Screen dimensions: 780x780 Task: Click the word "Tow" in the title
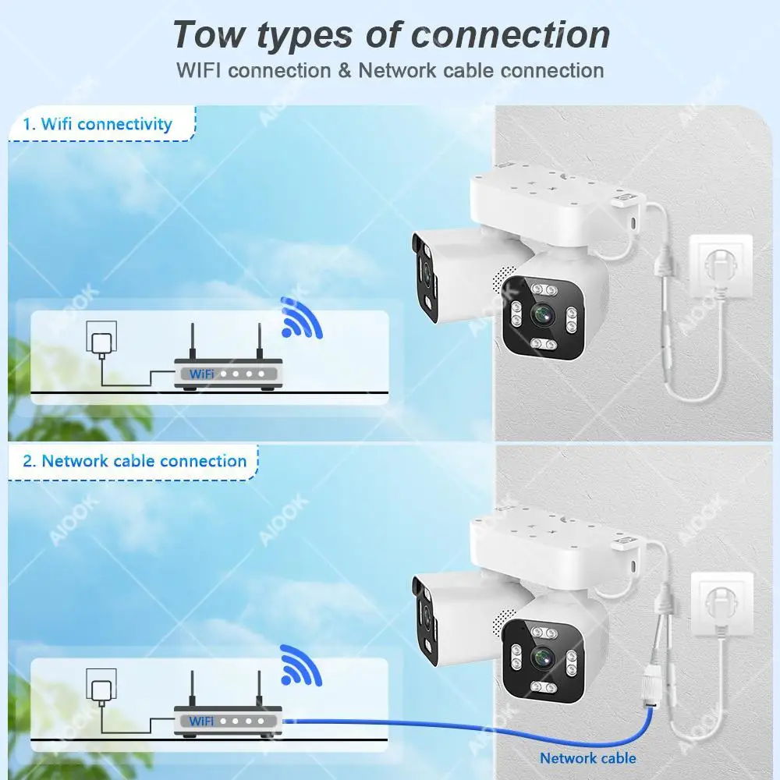(x=209, y=35)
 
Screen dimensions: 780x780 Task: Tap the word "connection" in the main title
(x=511, y=35)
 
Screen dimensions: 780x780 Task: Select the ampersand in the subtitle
(x=345, y=71)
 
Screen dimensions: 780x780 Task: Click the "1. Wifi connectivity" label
(x=97, y=123)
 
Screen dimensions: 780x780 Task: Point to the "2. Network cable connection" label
(x=135, y=461)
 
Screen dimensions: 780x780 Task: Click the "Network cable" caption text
(x=588, y=758)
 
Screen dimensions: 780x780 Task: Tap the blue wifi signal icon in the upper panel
(x=300, y=318)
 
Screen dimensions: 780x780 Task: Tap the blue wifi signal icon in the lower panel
(x=300, y=665)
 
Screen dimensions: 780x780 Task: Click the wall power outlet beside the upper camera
(x=720, y=266)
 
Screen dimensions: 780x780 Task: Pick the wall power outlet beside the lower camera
(x=721, y=604)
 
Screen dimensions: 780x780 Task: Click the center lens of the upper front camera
(x=543, y=314)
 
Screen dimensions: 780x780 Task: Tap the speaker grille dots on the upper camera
(x=503, y=278)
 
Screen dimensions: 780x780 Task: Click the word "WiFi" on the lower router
(x=201, y=721)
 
